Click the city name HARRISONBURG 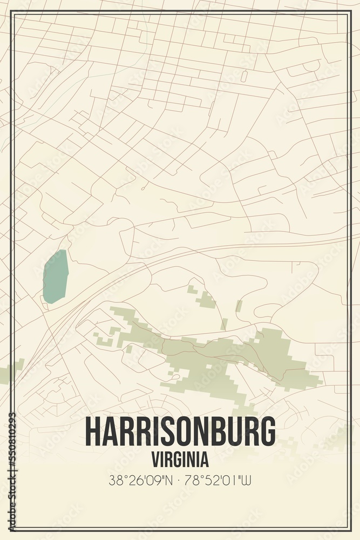pyautogui.click(x=180, y=432)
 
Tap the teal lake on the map pyautogui.click(x=55, y=276)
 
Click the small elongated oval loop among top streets pyautogui.click(x=243, y=76)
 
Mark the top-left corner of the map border pyautogui.click(x=12, y=12)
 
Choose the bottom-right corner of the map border pyautogui.click(x=348, y=528)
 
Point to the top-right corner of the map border pyautogui.click(x=348, y=12)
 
